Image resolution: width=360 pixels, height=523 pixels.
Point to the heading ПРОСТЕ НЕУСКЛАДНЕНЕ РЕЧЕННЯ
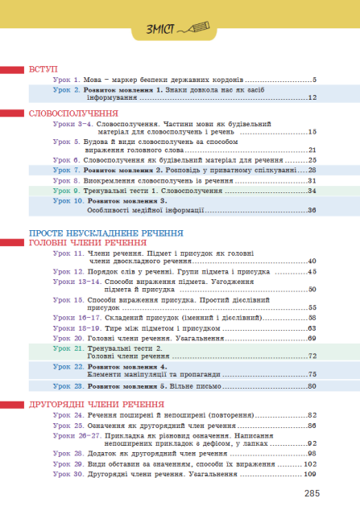click(x=94, y=233)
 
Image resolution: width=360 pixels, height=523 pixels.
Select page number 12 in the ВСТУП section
click(x=312, y=97)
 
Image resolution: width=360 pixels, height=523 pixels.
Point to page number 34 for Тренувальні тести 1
click(x=311, y=191)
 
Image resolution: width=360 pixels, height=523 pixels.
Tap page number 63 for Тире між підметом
click(x=312, y=328)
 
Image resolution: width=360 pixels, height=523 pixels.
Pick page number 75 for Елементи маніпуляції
click(x=312, y=374)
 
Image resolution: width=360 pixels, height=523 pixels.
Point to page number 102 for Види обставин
click(x=310, y=464)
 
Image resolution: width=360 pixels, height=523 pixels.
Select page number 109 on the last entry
click(x=310, y=475)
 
